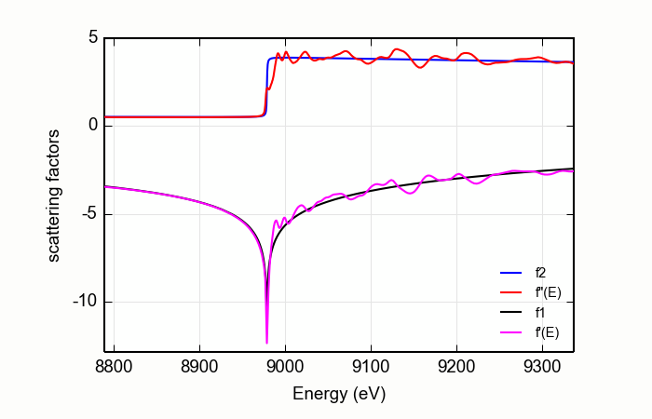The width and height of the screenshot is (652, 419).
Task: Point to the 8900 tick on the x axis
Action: tap(199, 368)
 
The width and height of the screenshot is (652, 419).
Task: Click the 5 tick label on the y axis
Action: tap(92, 38)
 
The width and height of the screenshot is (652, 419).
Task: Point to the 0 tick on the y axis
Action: tap(92, 126)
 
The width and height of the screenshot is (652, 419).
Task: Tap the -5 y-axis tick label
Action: tap(88, 214)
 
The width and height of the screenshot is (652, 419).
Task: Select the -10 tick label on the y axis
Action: tap(85, 302)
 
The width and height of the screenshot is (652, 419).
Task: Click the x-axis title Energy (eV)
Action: tap(339, 393)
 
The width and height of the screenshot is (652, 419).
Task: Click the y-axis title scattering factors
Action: tap(55, 195)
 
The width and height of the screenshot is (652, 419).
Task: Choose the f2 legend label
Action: tap(541, 273)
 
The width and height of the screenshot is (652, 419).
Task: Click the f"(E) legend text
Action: tap(548, 292)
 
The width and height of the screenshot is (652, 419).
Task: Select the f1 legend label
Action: tap(541, 312)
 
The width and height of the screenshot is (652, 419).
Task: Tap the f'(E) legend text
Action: tap(547, 331)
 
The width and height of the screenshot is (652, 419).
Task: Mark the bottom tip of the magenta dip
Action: tap(267, 343)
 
